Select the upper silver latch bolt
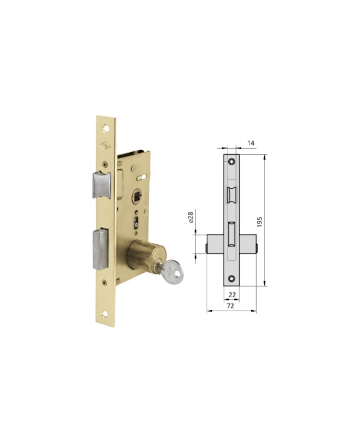101,185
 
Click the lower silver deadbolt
100,249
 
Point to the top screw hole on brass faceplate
106,129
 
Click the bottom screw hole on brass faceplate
105,314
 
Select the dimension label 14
250,143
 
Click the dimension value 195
259,222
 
